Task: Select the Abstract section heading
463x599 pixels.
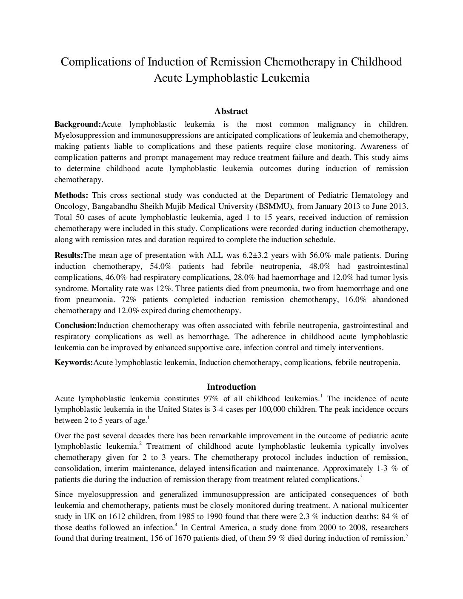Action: pyautogui.click(x=231, y=111)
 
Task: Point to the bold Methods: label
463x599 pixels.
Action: pyautogui.click(x=71, y=196)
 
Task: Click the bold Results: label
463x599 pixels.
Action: pyautogui.click(x=69, y=256)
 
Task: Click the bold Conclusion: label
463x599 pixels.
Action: pyautogui.click(x=76, y=326)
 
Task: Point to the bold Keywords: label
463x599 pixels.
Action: pyautogui.click(x=74, y=363)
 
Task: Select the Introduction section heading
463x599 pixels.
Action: pyautogui.click(x=231, y=387)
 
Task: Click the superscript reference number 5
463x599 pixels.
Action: pyautogui.click(x=407, y=536)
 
